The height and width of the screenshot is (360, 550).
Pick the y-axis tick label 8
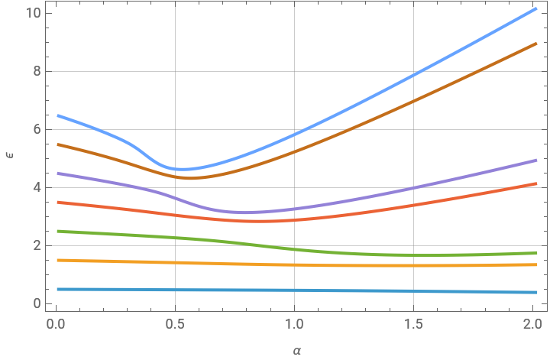pyautogui.click(x=36, y=71)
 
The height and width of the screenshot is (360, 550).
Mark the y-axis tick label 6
pyautogui.click(x=36, y=129)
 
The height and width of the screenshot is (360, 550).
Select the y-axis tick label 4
pyautogui.click(x=36, y=187)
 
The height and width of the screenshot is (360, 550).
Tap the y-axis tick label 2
pyautogui.click(x=36, y=245)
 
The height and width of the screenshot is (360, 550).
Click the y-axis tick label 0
pyautogui.click(x=36, y=303)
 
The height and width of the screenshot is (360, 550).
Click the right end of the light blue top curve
pyautogui.click(x=535, y=9)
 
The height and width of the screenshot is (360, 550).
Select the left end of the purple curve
pyautogui.click(x=57, y=174)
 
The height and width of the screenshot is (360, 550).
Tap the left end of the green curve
pyautogui.click(x=57, y=231)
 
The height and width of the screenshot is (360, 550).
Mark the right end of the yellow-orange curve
pyautogui.click(x=535, y=264)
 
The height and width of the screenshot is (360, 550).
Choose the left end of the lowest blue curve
pyautogui.click(x=57, y=289)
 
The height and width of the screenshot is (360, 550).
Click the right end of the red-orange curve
pyautogui.click(x=535, y=183)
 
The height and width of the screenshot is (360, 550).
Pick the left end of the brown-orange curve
pyautogui.click(x=57, y=144)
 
